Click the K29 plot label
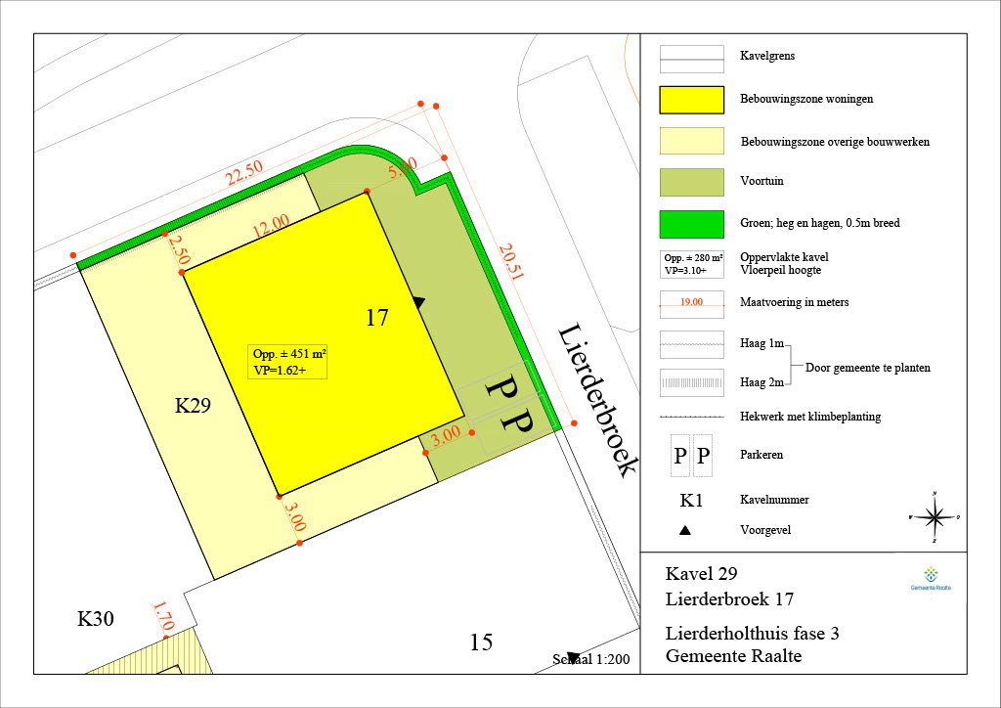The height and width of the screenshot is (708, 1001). point(194,406)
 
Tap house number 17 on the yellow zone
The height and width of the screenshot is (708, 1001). point(377,318)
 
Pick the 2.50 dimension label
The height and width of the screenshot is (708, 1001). point(178,246)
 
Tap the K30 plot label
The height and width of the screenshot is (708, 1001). point(97,619)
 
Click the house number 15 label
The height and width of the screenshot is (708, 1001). point(481,642)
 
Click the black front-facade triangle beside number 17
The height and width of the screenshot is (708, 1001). point(418,303)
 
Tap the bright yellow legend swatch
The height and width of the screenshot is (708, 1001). point(691,100)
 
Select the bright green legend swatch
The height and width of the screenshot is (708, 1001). point(691,224)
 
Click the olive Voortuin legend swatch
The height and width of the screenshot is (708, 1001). point(691,182)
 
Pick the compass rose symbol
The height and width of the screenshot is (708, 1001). point(936,516)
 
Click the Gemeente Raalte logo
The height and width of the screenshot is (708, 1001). point(930,578)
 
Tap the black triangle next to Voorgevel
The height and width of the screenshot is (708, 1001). point(685,531)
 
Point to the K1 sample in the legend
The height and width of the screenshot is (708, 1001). point(691,501)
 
